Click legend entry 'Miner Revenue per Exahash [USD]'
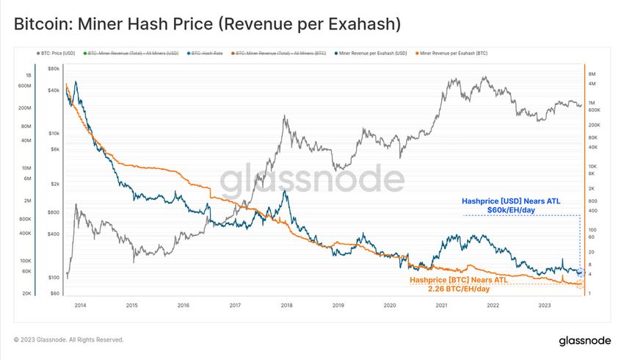click(371, 53)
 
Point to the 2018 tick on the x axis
click(286, 305)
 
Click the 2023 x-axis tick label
click(545, 305)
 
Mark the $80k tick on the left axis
click(54, 68)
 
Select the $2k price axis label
click(54, 184)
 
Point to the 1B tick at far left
click(28, 75)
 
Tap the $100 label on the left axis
click(54, 278)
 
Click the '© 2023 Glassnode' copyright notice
click(69, 340)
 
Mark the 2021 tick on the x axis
click(441, 305)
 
